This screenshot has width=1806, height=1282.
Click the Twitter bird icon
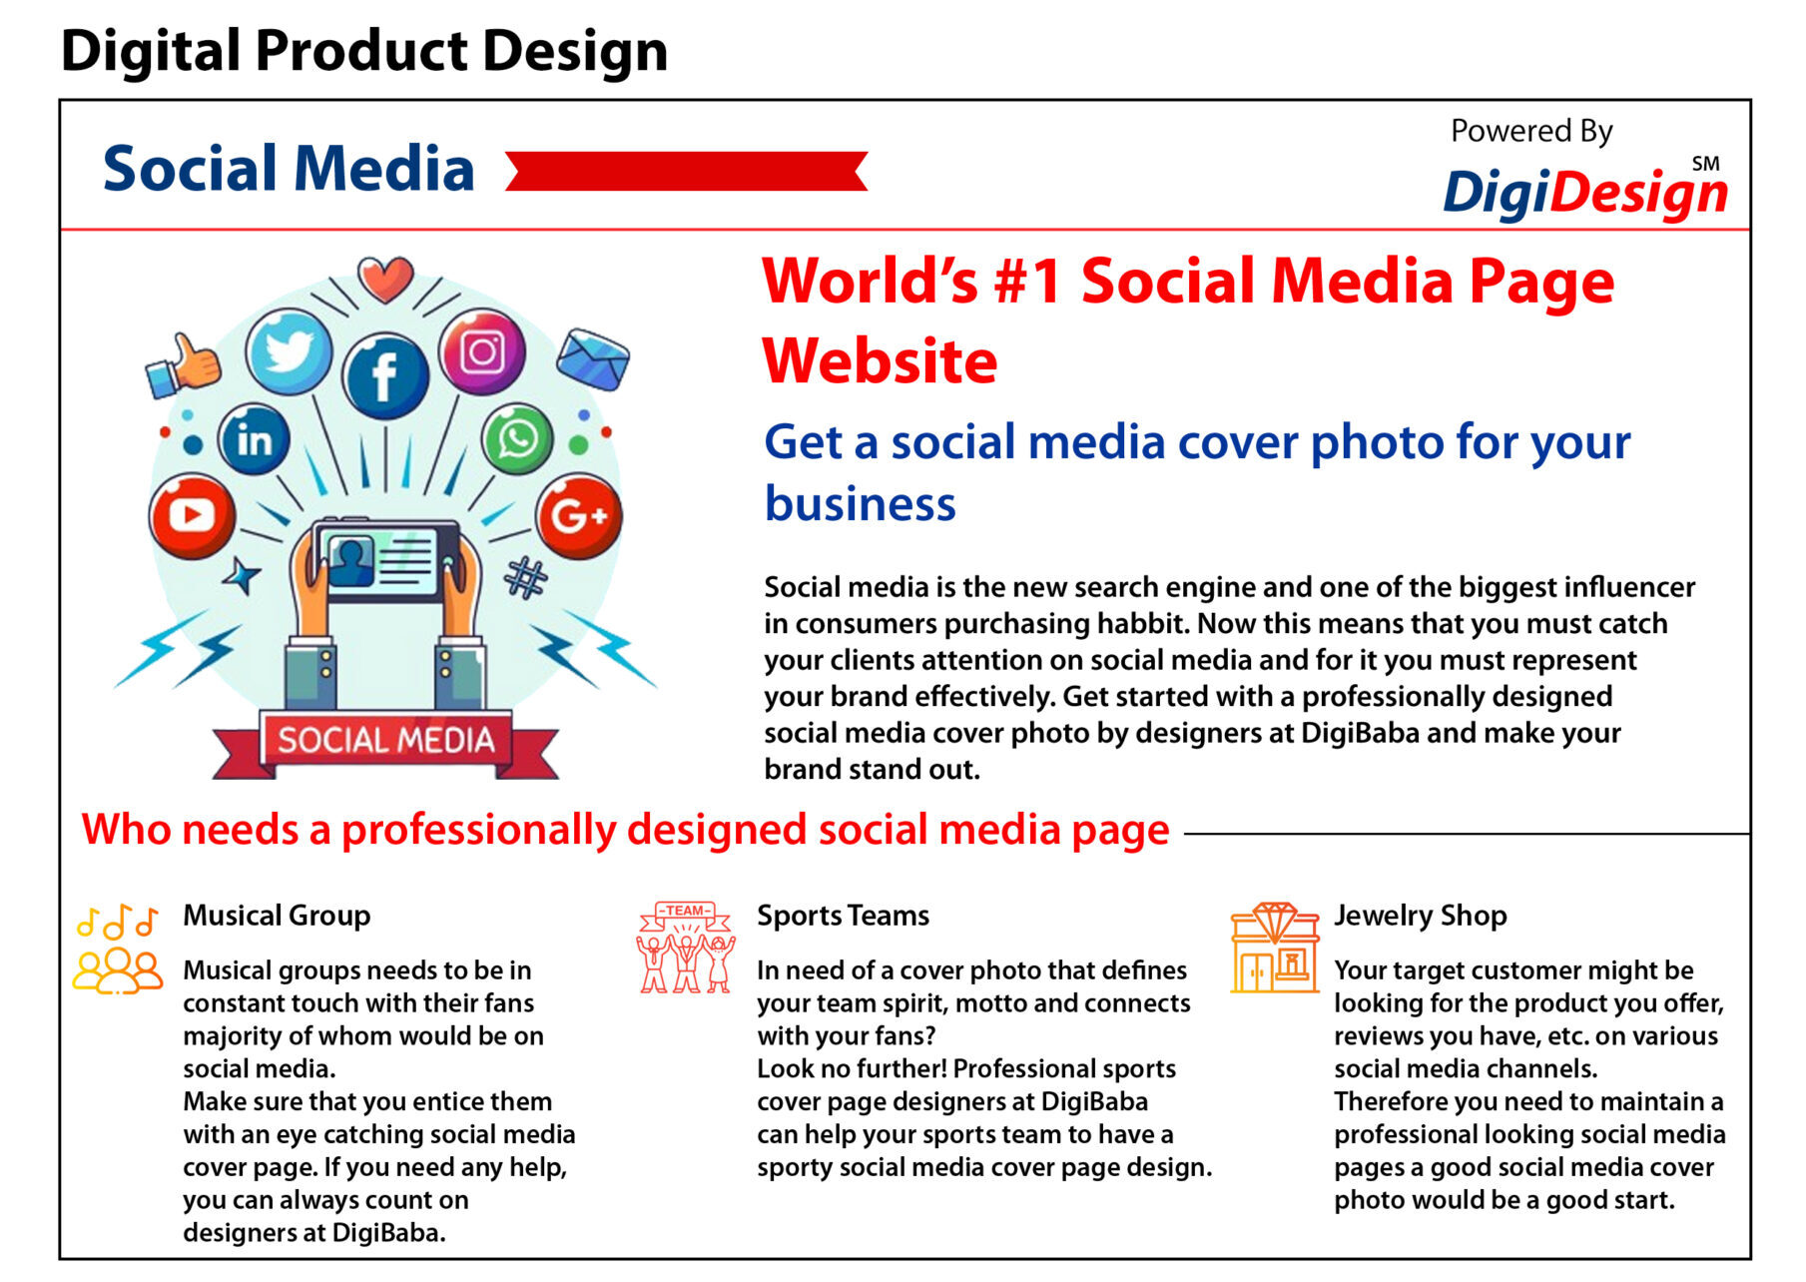[x=289, y=352]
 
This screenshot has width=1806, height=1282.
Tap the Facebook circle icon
[x=385, y=375]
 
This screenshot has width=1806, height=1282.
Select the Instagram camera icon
[x=482, y=351]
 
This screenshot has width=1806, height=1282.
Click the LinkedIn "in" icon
[x=254, y=439]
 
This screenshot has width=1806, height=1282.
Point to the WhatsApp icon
[x=517, y=438]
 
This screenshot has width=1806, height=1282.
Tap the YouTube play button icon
[x=192, y=515]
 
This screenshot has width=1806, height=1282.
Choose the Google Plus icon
[x=579, y=515]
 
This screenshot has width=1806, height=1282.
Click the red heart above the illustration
[x=385, y=280]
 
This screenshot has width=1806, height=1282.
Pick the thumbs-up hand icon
[x=183, y=365]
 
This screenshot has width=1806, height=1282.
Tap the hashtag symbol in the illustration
[x=526, y=578]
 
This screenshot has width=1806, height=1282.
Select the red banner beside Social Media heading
[x=687, y=171]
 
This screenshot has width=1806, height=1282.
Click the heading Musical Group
[x=277, y=916]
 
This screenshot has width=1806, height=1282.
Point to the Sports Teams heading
[x=843, y=916]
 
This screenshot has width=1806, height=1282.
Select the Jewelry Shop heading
[x=1421, y=916]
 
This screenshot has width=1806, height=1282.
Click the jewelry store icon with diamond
[x=1274, y=948]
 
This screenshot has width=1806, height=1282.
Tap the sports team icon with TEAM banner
[x=686, y=948]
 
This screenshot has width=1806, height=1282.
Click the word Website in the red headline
[x=880, y=360]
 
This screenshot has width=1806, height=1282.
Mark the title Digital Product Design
[x=364, y=51]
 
